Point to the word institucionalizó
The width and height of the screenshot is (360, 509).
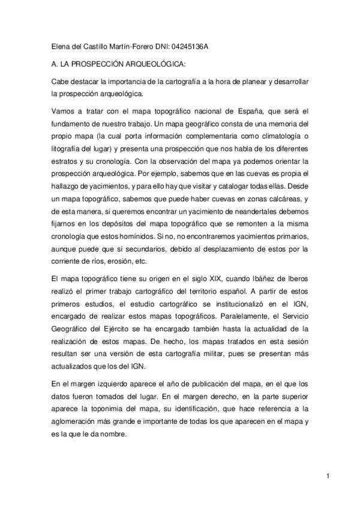[210, 304]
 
